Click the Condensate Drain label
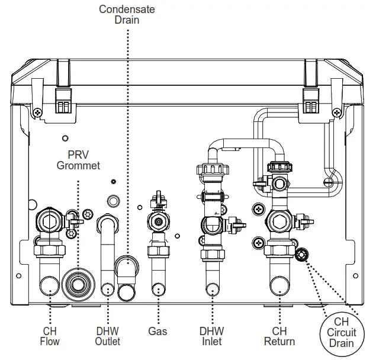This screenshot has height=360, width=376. pyautogui.click(x=127, y=14)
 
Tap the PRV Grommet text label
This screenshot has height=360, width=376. pyautogui.click(x=78, y=160)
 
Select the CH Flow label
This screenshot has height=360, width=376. pyautogui.click(x=50, y=336)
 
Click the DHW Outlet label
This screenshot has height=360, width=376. pyautogui.click(x=107, y=336)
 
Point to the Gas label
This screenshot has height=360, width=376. pyautogui.click(x=158, y=332)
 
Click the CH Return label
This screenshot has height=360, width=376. pyautogui.click(x=279, y=336)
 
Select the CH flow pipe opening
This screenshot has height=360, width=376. pyautogui.click(x=50, y=288)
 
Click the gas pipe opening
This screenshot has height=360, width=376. pyautogui.click(x=159, y=289)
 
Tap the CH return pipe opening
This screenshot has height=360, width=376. pyautogui.click(x=279, y=289)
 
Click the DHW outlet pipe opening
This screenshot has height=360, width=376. pyautogui.click(x=107, y=290)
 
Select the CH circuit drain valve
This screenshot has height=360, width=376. pyautogui.click(x=302, y=255)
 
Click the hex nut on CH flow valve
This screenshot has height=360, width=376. pyautogui.click(x=49, y=221)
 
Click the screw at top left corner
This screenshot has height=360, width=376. pyautogui.click(x=37, y=112)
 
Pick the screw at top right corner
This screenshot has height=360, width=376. pyautogui.click(x=336, y=112)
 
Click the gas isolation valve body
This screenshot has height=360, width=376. pyautogui.click(x=158, y=223)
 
